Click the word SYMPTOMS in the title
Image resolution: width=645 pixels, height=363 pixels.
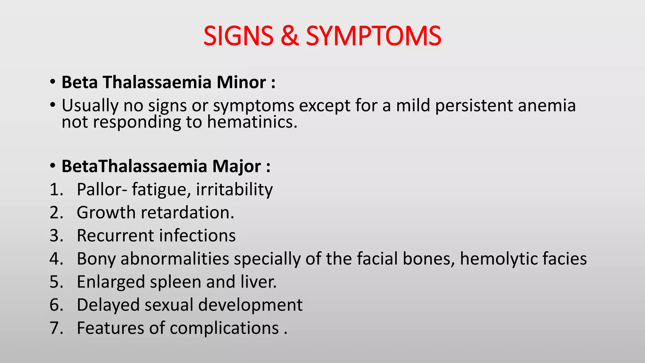[374, 36]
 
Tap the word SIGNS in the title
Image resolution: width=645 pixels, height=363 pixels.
[238, 36]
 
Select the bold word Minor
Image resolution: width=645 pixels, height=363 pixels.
[241, 82]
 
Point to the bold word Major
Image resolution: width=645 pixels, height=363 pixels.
[237, 166]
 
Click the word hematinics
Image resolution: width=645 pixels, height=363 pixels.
[252, 122]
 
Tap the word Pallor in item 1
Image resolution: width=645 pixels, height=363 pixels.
[100, 189]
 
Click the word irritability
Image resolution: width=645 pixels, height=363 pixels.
[234, 190]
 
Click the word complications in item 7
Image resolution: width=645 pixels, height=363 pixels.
[224, 328]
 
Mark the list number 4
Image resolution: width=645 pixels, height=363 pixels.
[56, 259]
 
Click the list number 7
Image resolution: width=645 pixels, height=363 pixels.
[56, 328]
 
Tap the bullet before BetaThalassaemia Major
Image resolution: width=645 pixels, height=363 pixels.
[53, 166]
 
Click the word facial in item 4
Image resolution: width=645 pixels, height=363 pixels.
[377, 259]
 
